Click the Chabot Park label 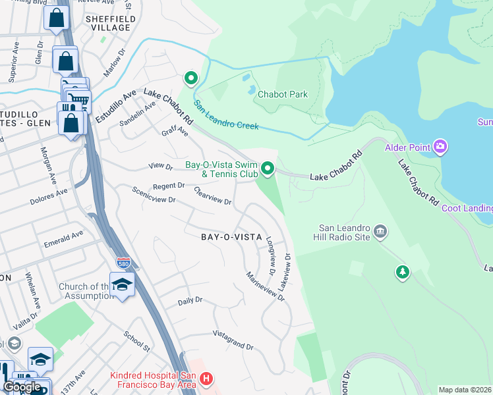[x=282, y=94]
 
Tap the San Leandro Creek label [x=226, y=115]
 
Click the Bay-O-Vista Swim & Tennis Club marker [x=268, y=169]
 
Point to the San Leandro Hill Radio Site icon [x=380, y=231]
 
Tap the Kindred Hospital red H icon [x=206, y=379]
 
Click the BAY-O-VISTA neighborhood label [x=231, y=236]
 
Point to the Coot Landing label [x=467, y=209]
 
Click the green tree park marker [x=401, y=271]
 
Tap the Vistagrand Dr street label [x=232, y=340]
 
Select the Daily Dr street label [x=190, y=300]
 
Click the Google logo [x=22, y=386]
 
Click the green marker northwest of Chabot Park [x=191, y=78]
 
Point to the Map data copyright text [x=465, y=390]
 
